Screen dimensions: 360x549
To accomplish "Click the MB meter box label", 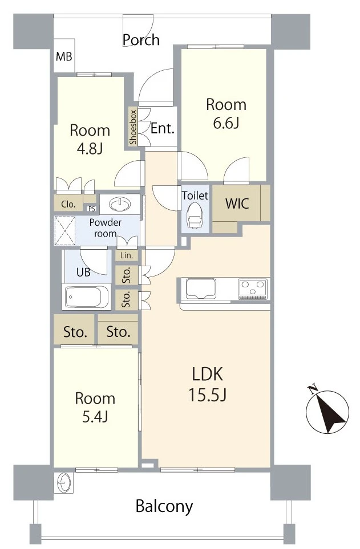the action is tap(64, 56).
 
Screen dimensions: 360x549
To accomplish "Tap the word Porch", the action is tap(141, 40).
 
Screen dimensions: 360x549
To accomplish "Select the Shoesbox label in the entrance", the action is tap(133, 127).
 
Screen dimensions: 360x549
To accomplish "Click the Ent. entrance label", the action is tap(162, 128).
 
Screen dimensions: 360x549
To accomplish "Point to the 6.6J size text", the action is tap(226, 123).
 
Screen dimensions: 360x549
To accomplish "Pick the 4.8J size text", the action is tap(90, 149).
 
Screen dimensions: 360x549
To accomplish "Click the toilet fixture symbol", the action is tap(195, 217).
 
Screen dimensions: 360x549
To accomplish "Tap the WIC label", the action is tap(237, 204).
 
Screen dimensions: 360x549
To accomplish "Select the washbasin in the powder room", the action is tap(120, 204).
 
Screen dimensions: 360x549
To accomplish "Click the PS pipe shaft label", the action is tap(91, 209).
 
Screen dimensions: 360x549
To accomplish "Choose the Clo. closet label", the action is tap(68, 204).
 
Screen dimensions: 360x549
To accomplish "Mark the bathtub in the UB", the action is tap(87, 296).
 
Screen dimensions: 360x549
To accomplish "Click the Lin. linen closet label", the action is tap(127, 255).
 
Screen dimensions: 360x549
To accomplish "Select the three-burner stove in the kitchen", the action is tap(253, 288).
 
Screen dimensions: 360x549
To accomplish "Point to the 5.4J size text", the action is tap(95, 417).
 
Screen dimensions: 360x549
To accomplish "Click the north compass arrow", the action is tap(327, 412).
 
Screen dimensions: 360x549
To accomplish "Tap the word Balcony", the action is tap(164, 506).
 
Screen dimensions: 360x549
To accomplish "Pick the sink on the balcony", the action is tap(63, 483).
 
